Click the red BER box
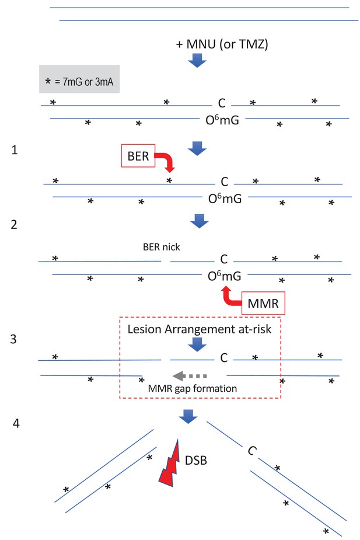coord(137,157)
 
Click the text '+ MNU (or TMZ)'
coord(222,45)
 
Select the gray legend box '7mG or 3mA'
coord(80,79)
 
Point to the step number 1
coord(15,150)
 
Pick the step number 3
coord(15,339)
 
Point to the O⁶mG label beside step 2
coord(225,276)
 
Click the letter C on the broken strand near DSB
coord(252,451)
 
